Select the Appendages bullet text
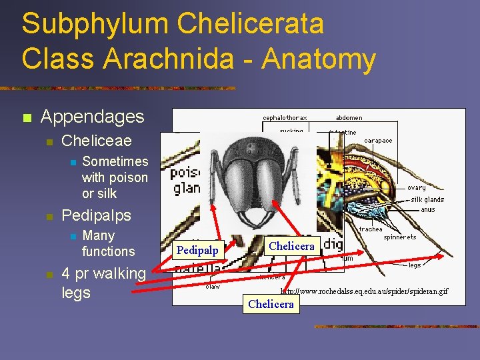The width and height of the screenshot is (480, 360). (92, 117)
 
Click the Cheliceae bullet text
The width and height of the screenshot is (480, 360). (96, 141)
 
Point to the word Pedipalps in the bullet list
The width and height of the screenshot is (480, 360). (96, 215)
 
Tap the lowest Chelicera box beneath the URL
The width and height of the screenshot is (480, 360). (271, 304)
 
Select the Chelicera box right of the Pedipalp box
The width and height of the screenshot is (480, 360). (291, 246)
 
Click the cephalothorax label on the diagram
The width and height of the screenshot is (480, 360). (286, 118)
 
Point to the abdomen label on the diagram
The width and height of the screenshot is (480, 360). (349, 118)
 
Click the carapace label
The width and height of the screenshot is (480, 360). (378, 141)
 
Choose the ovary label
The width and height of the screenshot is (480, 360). (416, 188)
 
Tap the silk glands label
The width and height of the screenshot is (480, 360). (427, 199)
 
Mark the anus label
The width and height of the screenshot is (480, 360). (427, 209)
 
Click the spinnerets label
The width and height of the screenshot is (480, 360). (399, 237)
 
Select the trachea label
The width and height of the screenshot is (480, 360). (371, 229)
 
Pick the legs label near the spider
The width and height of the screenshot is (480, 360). (415, 265)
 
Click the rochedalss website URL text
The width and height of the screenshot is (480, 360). (364, 291)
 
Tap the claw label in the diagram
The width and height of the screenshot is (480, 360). (213, 287)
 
